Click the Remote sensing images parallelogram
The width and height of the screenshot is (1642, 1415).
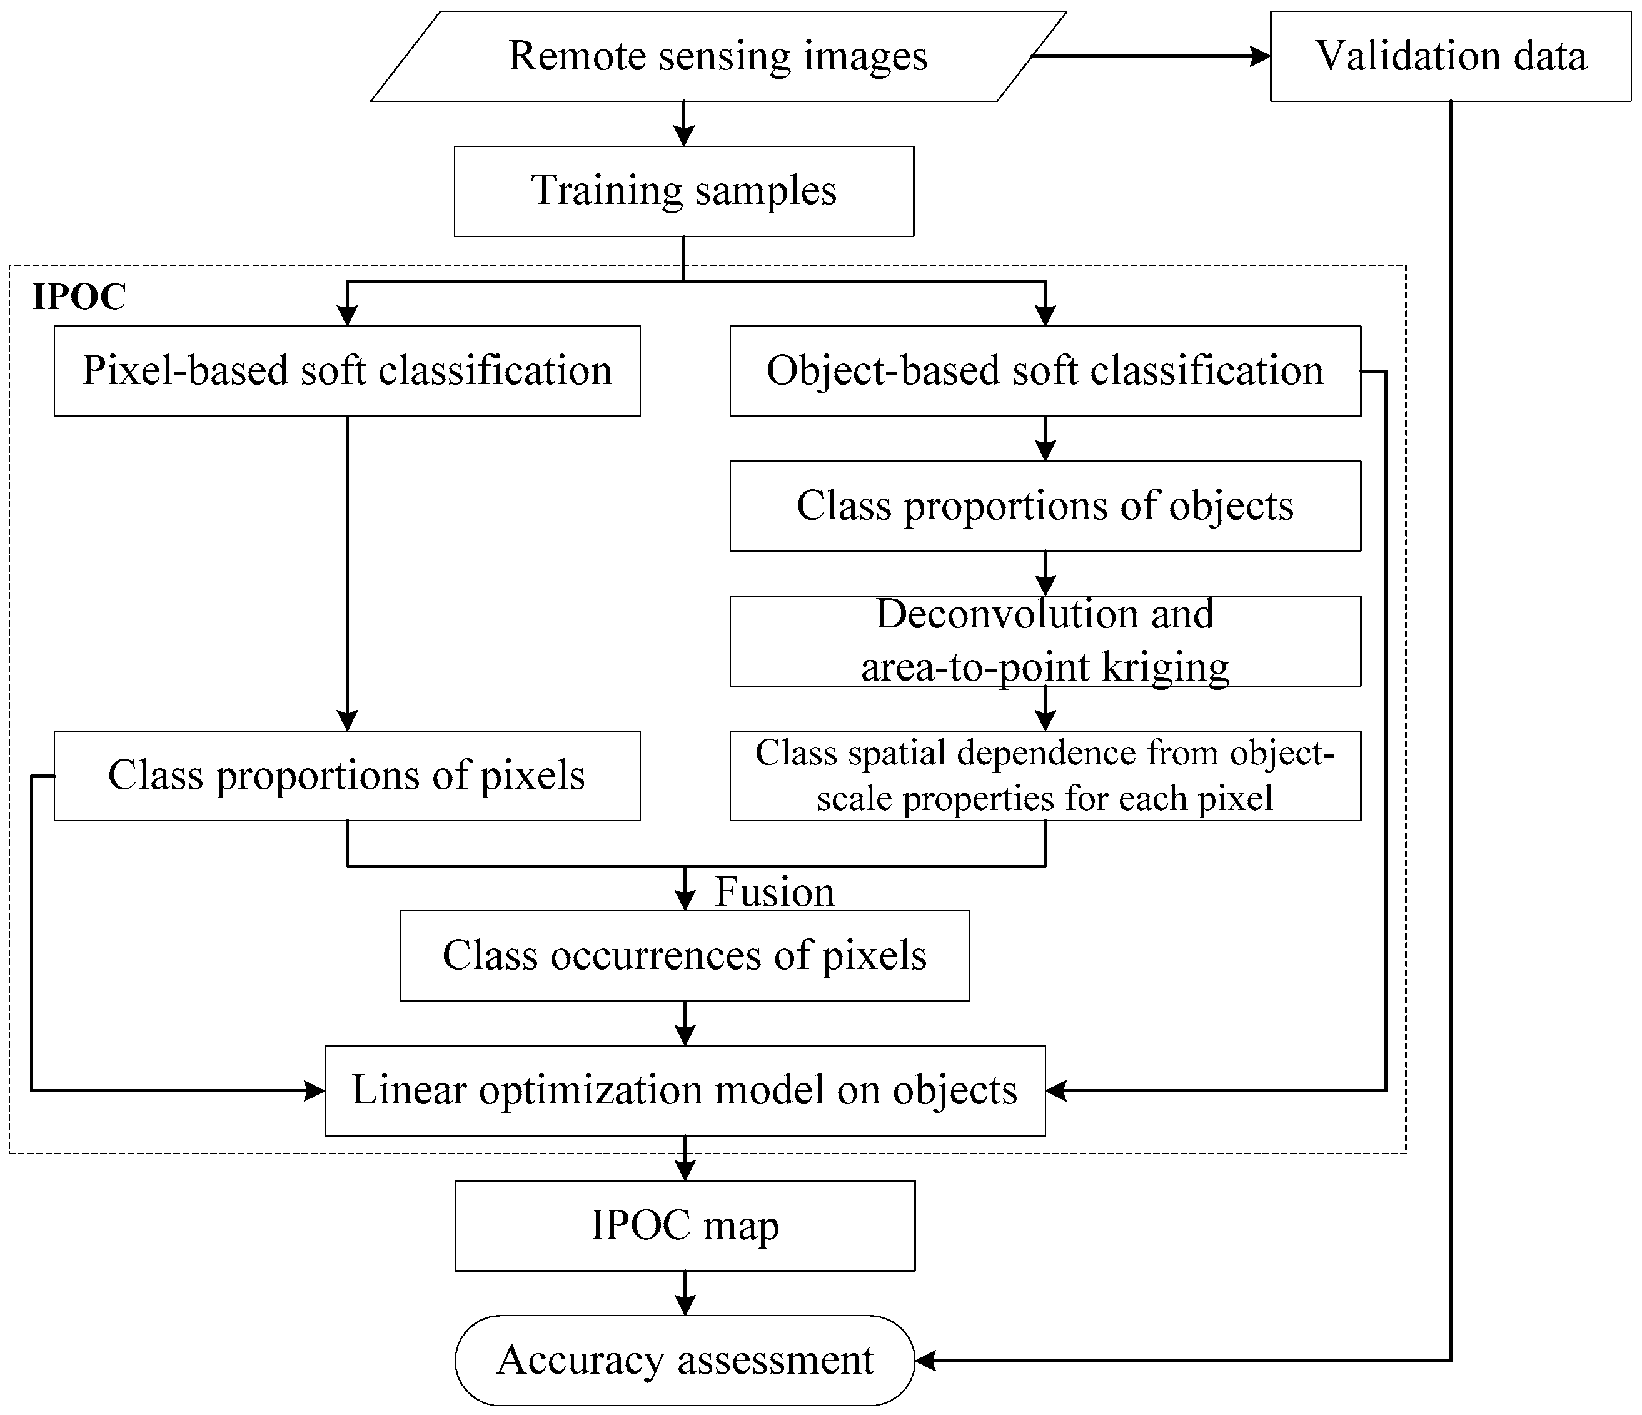[x=718, y=56]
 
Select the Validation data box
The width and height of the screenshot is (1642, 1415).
[x=1450, y=56]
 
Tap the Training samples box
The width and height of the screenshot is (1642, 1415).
[x=683, y=191]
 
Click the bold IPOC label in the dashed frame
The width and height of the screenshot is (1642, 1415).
[x=78, y=297]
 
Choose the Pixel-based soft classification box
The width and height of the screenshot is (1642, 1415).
[x=346, y=371]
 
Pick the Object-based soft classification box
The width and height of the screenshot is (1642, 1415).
[x=1044, y=371]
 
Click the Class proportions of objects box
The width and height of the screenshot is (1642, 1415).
[x=1044, y=505]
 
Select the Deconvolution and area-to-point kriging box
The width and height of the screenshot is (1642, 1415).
[x=1044, y=641]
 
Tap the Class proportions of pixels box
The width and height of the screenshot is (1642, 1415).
[x=346, y=775]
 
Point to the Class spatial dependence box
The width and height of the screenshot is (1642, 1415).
[x=1044, y=775]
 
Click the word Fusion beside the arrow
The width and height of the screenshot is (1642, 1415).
[x=774, y=893]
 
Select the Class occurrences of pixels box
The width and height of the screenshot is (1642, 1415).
[x=684, y=955]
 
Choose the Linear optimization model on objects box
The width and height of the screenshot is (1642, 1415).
[x=684, y=1090]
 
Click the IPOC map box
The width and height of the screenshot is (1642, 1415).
[x=684, y=1225]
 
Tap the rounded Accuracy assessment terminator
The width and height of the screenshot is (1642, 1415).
[x=684, y=1361]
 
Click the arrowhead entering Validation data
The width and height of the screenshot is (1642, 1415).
[x=1260, y=56]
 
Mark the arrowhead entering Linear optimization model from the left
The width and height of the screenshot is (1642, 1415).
[x=315, y=1091]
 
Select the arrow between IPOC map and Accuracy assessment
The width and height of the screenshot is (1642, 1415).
[x=685, y=1292]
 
